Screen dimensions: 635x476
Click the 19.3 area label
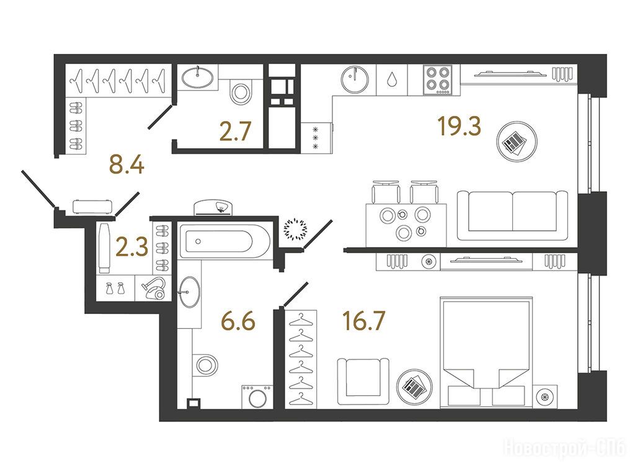point(460,125)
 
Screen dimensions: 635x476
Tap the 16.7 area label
point(363,320)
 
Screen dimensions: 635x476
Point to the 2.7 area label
point(235,132)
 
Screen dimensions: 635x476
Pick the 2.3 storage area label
point(132,248)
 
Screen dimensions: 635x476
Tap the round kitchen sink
point(355,79)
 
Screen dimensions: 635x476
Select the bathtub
point(223,241)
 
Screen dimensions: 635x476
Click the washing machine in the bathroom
point(257,396)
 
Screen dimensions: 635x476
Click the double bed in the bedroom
point(486,351)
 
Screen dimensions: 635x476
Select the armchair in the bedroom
point(363,382)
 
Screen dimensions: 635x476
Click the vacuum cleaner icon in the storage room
point(154,288)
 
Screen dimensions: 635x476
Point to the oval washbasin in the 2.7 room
point(197,76)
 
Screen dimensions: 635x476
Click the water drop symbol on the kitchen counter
point(392,79)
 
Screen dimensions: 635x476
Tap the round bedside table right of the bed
point(544,396)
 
